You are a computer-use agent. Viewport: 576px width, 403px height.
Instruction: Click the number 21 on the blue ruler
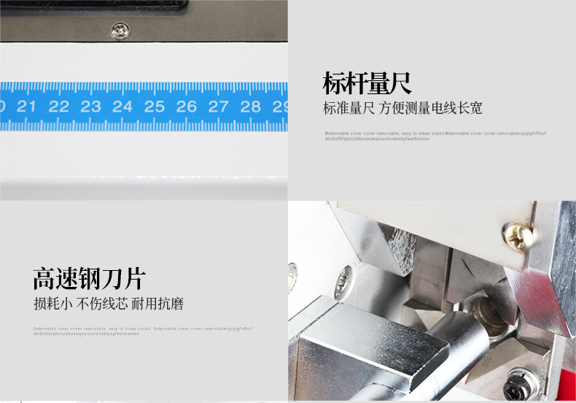27,107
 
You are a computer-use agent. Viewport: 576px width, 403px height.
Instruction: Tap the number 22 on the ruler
58,107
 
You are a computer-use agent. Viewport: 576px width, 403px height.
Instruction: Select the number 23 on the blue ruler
90,107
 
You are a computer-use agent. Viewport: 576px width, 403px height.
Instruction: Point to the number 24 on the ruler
122,107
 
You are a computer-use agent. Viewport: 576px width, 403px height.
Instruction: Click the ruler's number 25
155,107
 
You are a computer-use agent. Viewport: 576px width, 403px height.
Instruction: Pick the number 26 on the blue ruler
187,107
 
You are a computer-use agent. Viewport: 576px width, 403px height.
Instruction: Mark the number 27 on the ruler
219,107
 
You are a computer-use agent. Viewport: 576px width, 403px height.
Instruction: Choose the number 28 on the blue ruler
251,107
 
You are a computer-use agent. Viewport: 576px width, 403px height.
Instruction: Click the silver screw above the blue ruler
119,31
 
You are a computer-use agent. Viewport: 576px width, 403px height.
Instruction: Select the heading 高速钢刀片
89,278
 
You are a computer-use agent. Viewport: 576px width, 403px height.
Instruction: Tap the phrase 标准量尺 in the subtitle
349,109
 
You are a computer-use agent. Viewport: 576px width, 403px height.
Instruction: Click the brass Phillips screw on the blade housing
518,235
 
